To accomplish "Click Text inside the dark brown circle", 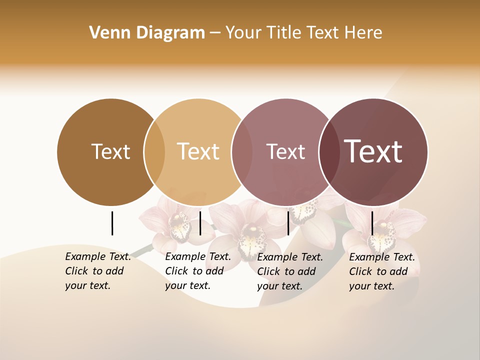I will coord(110,151).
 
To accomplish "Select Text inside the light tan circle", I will coord(198,151).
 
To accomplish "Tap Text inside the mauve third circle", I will coord(285,151).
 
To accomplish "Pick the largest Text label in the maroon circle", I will coord(373,151).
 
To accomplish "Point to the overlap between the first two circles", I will coord(154,152).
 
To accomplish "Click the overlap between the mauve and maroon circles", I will coord(328,152).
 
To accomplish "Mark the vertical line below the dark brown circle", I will coord(112,223).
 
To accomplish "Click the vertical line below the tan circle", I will coord(200,223).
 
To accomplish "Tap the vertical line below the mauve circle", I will coord(288,223).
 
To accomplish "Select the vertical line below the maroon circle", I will coord(372,223).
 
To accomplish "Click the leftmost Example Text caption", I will coord(97,271).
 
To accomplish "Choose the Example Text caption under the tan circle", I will coord(197,271).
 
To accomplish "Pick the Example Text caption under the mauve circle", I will coord(289,271).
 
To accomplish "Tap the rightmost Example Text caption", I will coord(381,271).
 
